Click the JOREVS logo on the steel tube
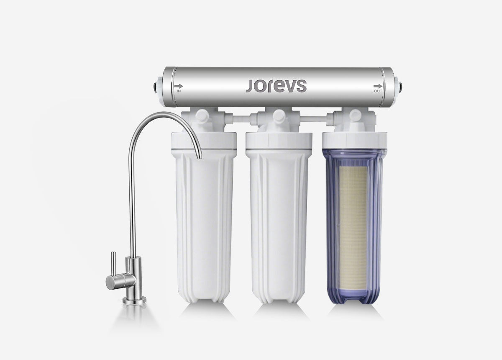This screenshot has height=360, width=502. [x=277, y=86]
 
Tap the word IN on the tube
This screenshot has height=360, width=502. [x=179, y=91]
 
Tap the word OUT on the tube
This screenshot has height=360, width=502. [x=378, y=91]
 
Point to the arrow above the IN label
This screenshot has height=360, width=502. [x=179, y=86]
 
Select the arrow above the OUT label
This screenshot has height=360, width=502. [x=378, y=86]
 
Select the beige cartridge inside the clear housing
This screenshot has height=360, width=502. [x=353, y=229]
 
